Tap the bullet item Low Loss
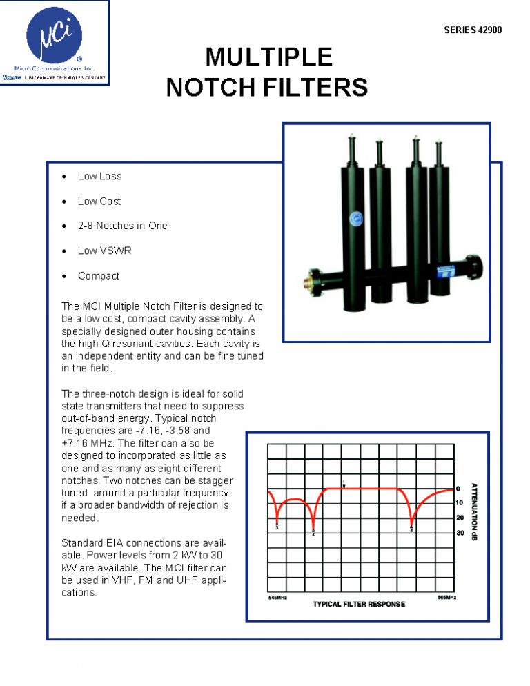[99, 176]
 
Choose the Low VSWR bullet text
[104, 251]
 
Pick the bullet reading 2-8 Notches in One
[122, 226]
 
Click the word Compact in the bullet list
[99, 275]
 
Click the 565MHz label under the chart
[446, 597]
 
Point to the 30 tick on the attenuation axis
[460, 533]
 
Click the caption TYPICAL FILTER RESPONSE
[359, 605]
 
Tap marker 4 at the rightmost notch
[411, 529]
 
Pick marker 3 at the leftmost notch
[277, 527]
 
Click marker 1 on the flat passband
[344, 483]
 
